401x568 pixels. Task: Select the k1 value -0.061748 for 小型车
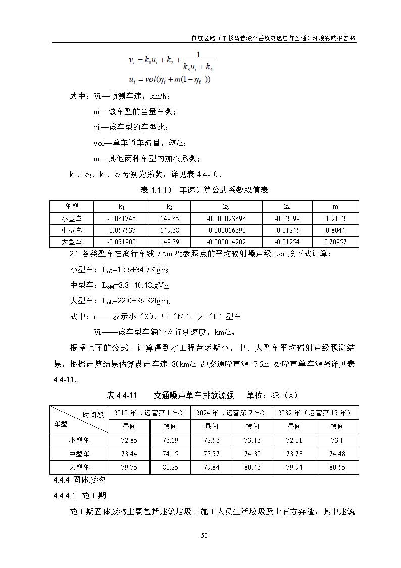point(121,219)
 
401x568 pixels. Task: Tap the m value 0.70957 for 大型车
point(335,242)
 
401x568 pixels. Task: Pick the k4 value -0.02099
point(287,219)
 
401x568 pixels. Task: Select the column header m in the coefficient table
point(335,207)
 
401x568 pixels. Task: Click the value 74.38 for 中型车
point(252,454)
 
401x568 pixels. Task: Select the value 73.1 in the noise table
point(337,440)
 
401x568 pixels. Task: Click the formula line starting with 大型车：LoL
point(120,301)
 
